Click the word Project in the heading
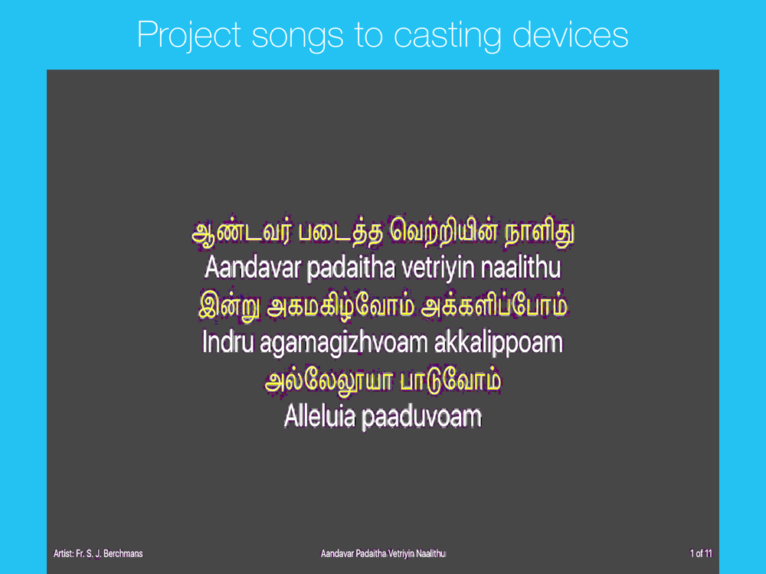click(189, 36)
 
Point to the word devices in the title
click(570, 34)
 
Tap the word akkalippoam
click(499, 343)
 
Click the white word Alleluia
click(319, 416)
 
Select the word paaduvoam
click(421, 417)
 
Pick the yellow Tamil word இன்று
click(230, 307)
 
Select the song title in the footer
click(383, 553)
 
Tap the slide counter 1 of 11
click(701, 553)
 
